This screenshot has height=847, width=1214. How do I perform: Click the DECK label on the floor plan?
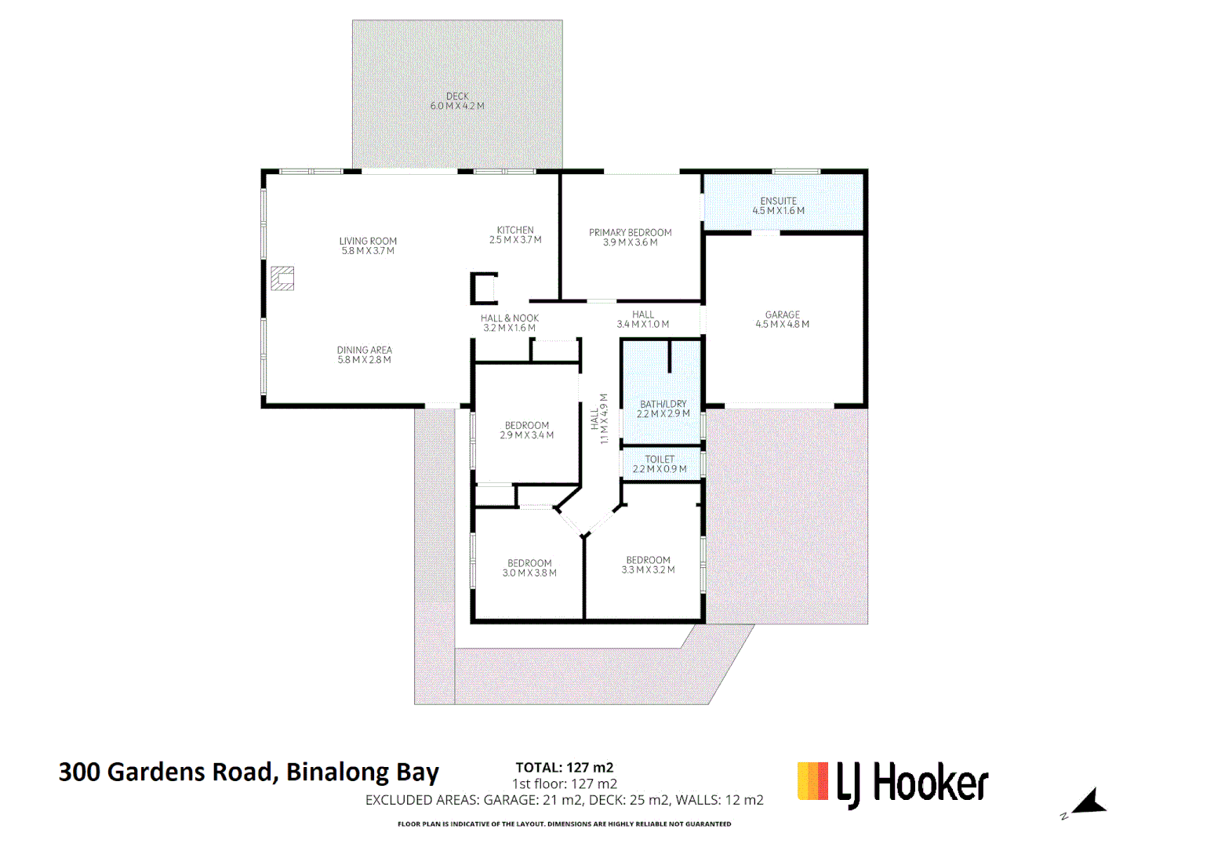pyautogui.click(x=457, y=96)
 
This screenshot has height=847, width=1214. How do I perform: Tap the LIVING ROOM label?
pyautogui.click(x=368, y=242)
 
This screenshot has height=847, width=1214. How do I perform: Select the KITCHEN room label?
pyautogui.click(x=515, y=231)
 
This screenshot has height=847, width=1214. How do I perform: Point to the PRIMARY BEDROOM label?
pyautogui.click(x=631, y=233)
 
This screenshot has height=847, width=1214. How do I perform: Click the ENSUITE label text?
pyautogui.click(x=778, y=202)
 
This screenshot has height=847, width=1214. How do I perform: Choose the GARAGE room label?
pyautogui.click(x=783, y=314)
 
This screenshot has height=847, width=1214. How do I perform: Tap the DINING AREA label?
pyautogui.click(x=365, y=351)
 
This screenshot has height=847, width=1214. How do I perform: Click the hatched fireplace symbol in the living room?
pyautogui.click(x=282, y=278)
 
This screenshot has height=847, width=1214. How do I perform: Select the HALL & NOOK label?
pyautogui.click(x=510, y=318)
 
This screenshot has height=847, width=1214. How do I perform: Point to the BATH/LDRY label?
pyautogui.click(x=663, y=404)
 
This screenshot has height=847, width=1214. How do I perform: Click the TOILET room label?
pyautogui.click(x=660, y=460)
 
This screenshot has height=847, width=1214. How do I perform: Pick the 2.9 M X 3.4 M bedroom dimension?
pyautogui.click(x=527, y=435)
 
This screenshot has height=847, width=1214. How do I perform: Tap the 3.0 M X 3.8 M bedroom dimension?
pyautogui.click(x=529, y=573)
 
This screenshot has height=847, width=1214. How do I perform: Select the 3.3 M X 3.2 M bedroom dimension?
pyautogui.click(x=648, y=570)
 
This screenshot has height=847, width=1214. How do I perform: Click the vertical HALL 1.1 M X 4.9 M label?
pyautogui.click(x=599, y=419)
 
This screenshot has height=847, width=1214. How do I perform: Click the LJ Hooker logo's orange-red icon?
pyautogui.click(x=812, y=781)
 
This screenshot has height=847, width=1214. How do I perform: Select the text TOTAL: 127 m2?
pyautogui.click(x=564, y=768)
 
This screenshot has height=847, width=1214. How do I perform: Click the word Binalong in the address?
pyautogui.click(x=337, y=772)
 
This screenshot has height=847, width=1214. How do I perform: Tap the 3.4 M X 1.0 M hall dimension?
pyautogui.click(x=643, y=325)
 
